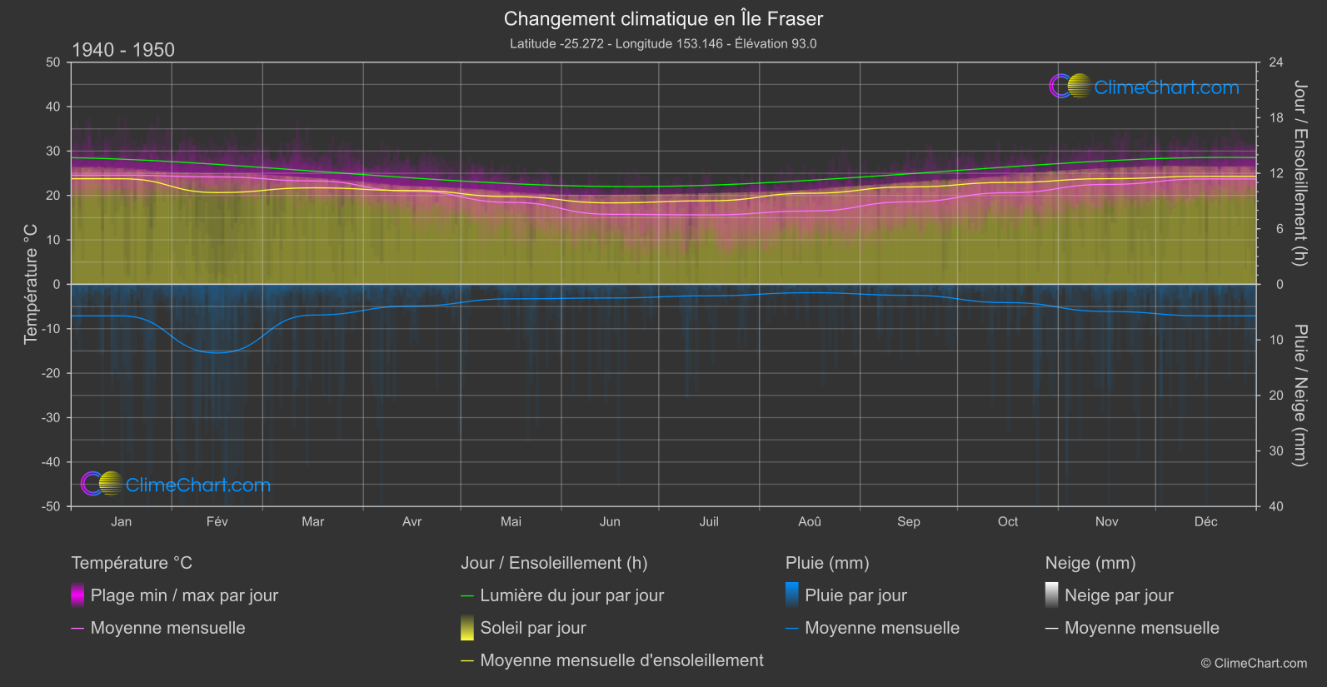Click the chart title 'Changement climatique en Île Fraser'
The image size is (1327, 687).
(x=663, y=18)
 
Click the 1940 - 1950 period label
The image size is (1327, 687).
(x=123, y=50)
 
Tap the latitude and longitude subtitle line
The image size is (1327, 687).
(x=663, y=43)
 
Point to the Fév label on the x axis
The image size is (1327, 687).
(x=217, y=521)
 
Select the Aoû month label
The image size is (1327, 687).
(x=809, y=521)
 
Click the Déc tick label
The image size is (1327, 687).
(x=1205, y=521)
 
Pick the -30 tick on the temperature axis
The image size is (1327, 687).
(x=52, y=418)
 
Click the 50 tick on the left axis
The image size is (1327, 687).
(x=53, y=62)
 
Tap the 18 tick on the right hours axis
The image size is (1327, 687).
(x=1276, y=118)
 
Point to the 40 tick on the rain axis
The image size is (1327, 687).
(x=1276, y=506)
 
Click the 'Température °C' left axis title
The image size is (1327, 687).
(x=31, y=284)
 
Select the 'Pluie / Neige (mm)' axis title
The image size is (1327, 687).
(x=1300, y=396)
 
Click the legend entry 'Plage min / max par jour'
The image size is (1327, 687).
(x=184, y=595)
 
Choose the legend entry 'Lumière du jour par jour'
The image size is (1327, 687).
(x=571, y=595)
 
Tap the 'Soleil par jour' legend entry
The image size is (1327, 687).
(x=533, y=628)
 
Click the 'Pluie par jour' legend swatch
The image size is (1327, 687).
(x=792, y=595)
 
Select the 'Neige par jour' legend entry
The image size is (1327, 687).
(x=1119, y=595)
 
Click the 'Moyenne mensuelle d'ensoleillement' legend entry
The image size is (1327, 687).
(x=621, y=660)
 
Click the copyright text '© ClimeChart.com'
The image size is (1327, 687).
(x=1254, y=663)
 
